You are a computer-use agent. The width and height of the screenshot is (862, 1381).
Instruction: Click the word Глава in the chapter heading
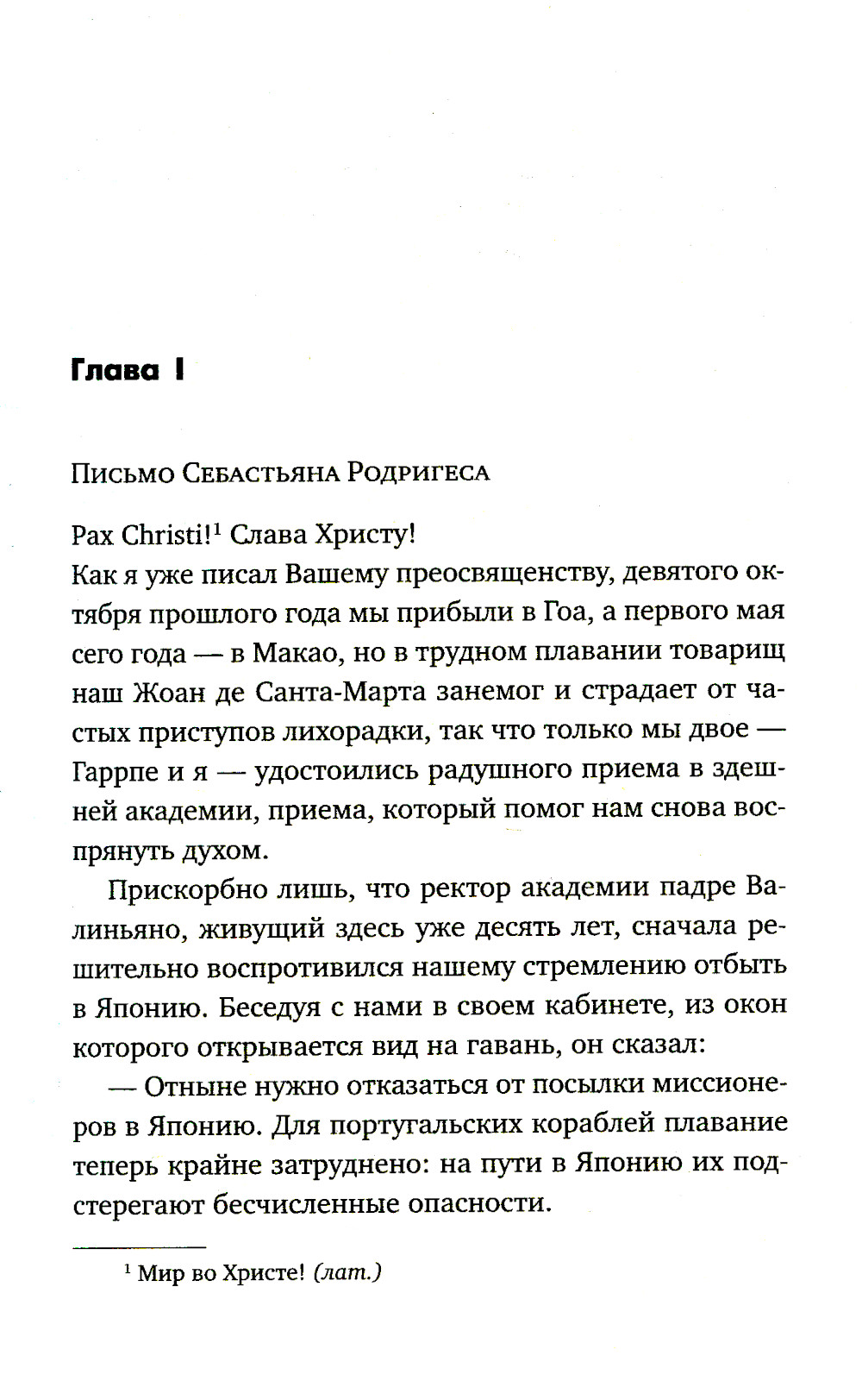point(115,372)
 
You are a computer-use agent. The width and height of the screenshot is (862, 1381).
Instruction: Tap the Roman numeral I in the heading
point(178,372)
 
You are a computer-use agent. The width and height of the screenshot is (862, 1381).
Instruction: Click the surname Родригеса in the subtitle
point(419,474)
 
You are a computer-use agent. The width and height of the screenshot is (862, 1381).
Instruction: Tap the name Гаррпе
point(116,772)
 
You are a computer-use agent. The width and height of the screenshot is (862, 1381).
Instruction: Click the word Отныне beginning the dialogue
point(196,1087)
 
